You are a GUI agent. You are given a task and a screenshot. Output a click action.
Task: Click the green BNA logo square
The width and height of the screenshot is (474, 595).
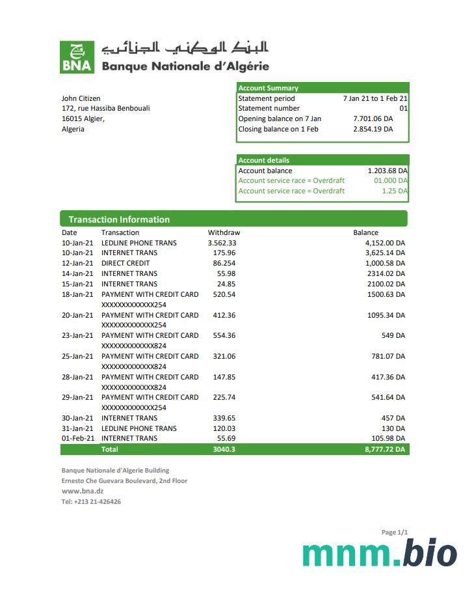pos(77,57)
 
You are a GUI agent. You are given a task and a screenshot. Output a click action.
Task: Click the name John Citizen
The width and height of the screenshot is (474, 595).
pos(81,98)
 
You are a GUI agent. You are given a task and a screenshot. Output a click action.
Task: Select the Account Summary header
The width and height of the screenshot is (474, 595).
pos(269,88)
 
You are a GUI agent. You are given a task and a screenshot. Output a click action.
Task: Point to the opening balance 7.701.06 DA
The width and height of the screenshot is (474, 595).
pos(373,118)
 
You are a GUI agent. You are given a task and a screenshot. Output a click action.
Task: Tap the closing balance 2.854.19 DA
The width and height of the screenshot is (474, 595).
pos(373,129)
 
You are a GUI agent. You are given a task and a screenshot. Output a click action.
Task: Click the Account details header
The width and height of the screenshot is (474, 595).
pos(264,160)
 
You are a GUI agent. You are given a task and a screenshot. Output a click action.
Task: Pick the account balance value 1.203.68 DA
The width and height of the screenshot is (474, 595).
pos(388,171)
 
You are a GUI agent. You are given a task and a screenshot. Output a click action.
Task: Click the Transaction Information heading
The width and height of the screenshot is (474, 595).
pos(119,219)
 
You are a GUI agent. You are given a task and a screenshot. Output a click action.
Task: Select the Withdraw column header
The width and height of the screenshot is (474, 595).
pos(224,232)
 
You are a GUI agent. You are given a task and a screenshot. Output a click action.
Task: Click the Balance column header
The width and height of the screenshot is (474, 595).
pos(365,232)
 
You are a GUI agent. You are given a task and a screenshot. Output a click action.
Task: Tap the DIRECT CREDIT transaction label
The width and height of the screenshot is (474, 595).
pos(125,263)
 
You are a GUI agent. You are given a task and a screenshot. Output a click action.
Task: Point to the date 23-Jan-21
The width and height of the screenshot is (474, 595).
pos(77,335)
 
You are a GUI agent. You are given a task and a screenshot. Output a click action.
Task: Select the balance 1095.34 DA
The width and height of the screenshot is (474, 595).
pos(386,315)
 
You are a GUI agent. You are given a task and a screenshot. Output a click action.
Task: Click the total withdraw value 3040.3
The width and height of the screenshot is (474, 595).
pos(224,449)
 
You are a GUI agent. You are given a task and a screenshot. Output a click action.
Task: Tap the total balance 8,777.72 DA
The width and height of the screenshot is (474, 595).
pos(385,449)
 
